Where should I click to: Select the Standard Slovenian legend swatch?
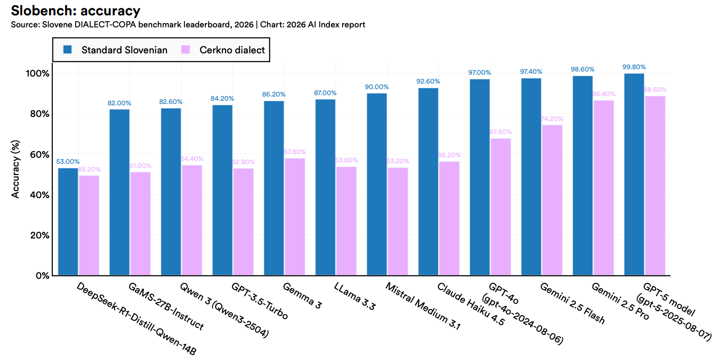click(68, 50)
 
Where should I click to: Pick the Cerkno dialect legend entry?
click(232, 50)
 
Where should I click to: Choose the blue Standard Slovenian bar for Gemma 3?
click(274, 188)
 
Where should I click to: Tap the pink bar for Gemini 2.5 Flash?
click(552, 200)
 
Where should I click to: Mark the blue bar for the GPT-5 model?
click(634, 174)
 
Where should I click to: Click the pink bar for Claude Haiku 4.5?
click(449, 218)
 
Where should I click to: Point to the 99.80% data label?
click(634, 66)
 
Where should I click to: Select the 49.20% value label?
click(89, 169)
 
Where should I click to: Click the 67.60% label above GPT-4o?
click(501, 132)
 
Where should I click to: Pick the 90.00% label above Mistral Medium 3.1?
click(376, 87)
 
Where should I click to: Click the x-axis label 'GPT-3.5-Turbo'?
click(260, 300)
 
